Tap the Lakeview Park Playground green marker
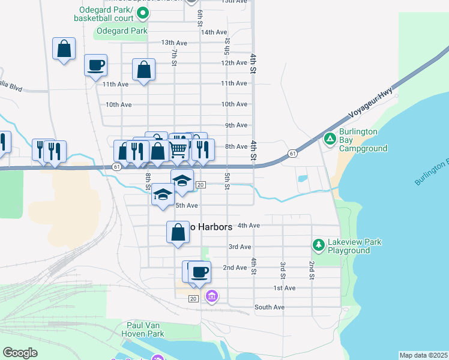click(318, 245)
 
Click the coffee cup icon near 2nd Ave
click(199, 272)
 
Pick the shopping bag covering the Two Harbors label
click(178, 232)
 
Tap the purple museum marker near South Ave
click(211, 296)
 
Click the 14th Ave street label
click(214, 32)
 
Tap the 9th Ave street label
click(237, 125)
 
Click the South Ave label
click(269, 307)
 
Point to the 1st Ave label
click(285, 289)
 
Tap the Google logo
click(20, 353)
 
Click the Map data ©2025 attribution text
click(423, 355)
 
